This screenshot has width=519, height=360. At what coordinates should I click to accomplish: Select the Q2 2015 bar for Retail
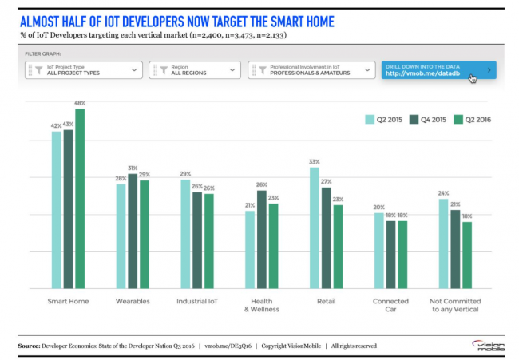pyautogui.click(x=315, y=227)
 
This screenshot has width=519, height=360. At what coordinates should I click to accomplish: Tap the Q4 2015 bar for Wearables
pyautogui.click(x=133, y=231)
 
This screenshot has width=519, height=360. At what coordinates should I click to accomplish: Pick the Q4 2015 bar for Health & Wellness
pyautogui.click(x=261, y=239)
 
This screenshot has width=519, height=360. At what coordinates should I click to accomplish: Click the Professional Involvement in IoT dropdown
pyautogui.click(x=311, y=70)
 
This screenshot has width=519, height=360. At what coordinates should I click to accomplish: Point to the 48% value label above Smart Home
pyautogui.click(x=80, y=103)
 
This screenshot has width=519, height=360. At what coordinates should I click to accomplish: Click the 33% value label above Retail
pyautogui.click(x=315, y=162)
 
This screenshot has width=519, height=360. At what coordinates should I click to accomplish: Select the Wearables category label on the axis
pyautogui.click(x=133, y=301)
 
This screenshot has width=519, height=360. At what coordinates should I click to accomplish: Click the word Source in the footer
pyautogui.click(x=30, y=346)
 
